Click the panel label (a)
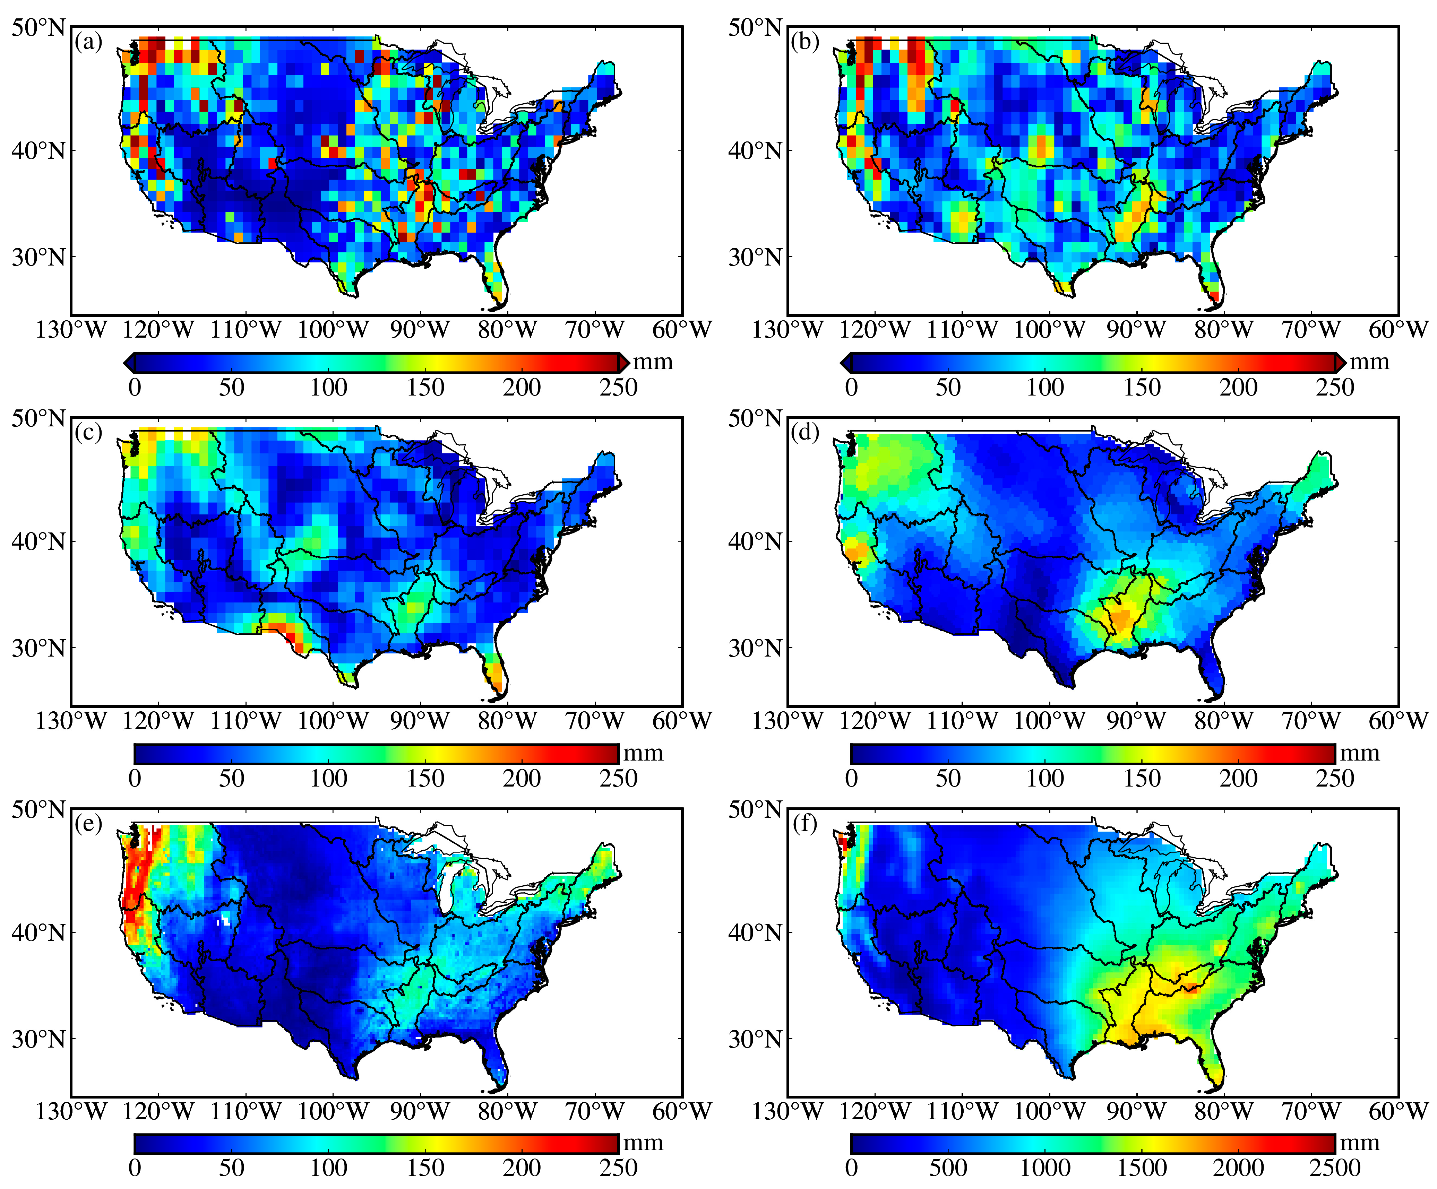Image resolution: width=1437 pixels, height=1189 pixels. coord(89,42)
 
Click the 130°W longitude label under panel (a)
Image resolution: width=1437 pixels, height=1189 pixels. coord(71,330)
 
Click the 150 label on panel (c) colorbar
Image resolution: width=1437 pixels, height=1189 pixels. coord(425,779)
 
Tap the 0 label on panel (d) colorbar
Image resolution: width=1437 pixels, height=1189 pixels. coord(851,779)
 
